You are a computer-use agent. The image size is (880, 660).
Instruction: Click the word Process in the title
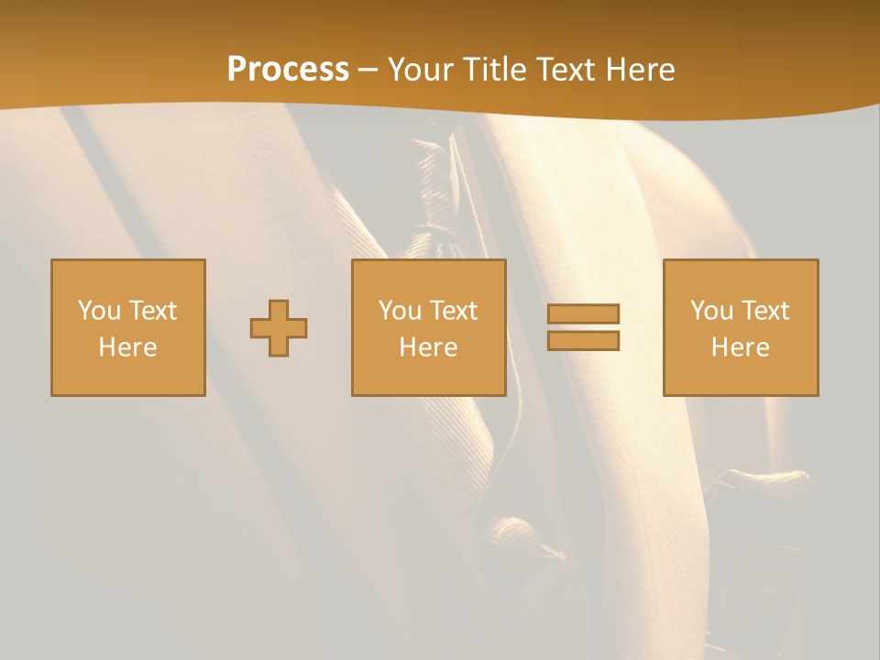point(288,70)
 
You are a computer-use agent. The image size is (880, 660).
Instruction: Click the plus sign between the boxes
point(279,328)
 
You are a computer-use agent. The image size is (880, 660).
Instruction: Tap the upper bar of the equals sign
point(583,314)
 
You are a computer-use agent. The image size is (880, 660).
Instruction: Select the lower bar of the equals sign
point(583,340)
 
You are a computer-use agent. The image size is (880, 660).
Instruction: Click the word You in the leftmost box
point(99,311)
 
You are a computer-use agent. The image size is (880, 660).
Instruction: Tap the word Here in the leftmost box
point(127,347)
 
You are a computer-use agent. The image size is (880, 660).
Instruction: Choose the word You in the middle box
point(400,311)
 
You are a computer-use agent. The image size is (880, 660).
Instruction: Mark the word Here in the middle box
point(428,347)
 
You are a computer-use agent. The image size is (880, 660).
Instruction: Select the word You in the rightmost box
point(711,311)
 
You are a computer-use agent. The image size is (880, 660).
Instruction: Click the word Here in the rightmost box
point(740,347)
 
